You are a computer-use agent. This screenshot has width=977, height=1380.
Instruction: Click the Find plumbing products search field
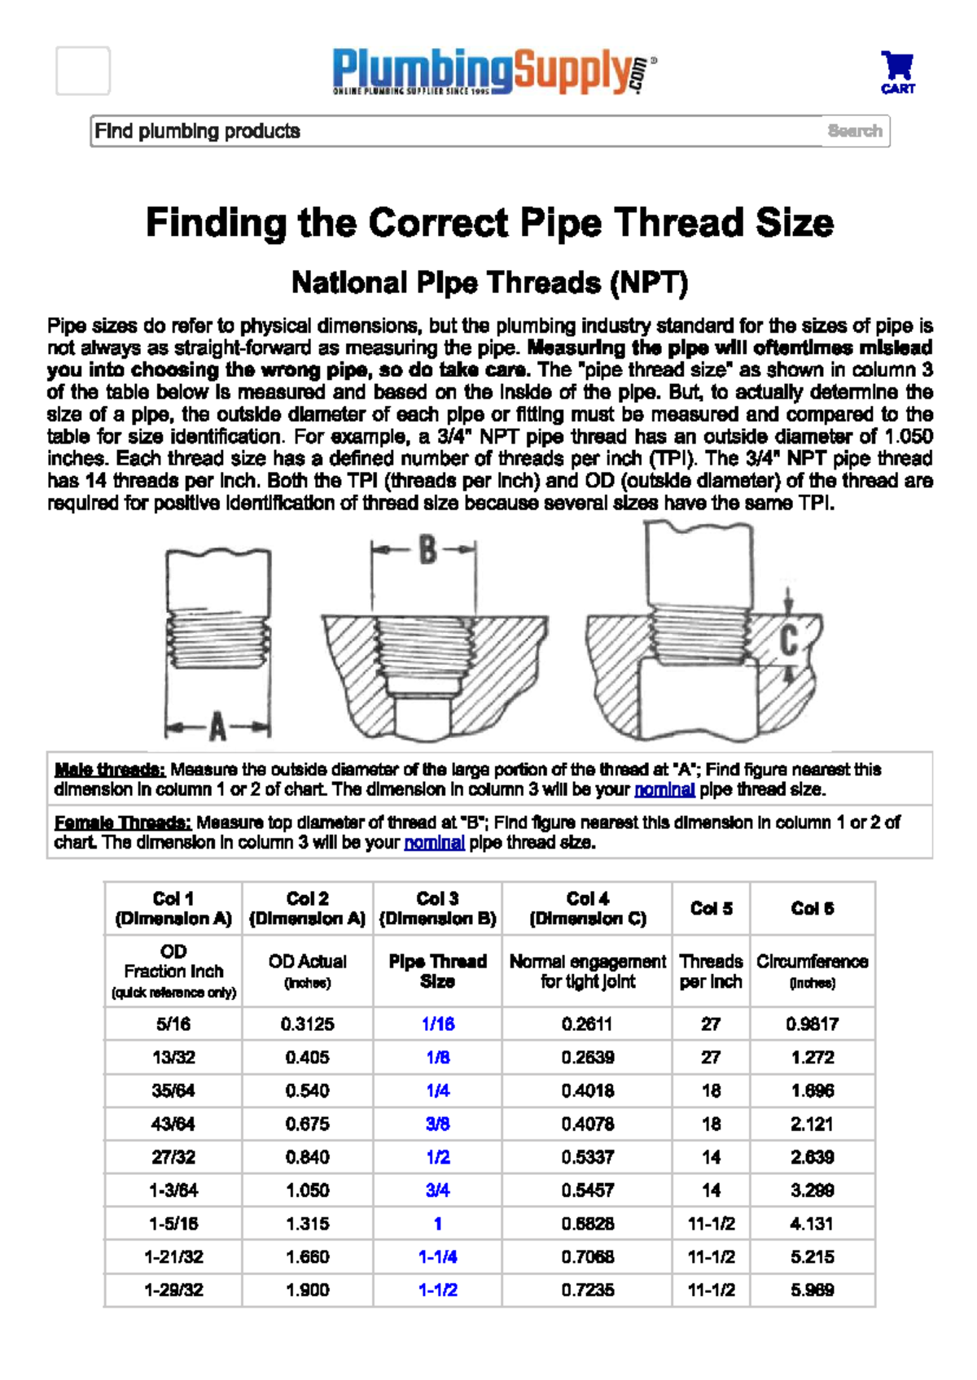coord(456,131)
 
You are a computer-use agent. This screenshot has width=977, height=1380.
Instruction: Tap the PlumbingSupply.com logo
coord(493,72)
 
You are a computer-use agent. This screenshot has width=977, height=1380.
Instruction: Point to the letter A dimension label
coord(217,727)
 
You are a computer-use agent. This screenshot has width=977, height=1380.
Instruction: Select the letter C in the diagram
coord(788,640)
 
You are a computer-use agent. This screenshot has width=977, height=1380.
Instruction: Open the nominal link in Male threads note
coord(664,789)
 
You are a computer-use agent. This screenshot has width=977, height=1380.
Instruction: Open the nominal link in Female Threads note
coord(434,842)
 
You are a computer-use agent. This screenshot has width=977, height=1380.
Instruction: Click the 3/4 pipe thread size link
coord(437,1190)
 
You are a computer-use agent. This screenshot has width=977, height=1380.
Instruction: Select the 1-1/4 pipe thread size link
coord(437,1257)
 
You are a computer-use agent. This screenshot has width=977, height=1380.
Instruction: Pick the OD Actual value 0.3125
coord(308,1024)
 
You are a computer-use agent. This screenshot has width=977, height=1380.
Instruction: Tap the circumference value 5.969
coord(812,1290)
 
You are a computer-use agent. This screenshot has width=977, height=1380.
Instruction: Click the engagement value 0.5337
coord(587,1157)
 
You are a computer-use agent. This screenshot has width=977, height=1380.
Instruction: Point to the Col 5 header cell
coord(711,909)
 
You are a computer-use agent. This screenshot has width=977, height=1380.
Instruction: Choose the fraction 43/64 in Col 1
coord(173,1124)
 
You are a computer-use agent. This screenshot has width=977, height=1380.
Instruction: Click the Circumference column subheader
coord(812,971)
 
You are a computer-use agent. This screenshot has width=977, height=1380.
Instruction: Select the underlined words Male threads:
coord(110,769)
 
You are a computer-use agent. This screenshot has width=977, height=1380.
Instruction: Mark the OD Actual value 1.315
coord(308,1224)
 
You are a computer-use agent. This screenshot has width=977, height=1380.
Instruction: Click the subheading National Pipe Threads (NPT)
coord(489,283)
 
